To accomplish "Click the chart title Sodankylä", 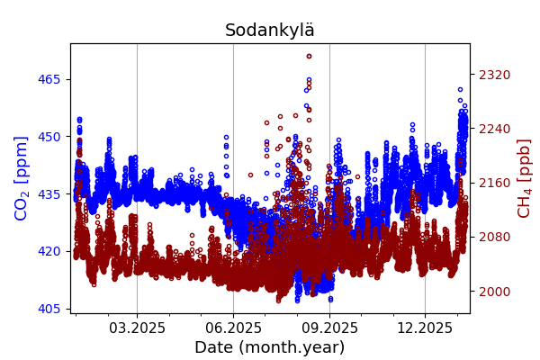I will pos(270,31).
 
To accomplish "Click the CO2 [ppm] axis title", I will pos(22,178).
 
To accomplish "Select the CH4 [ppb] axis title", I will pos(524,178).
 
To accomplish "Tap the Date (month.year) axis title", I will pos(270,347).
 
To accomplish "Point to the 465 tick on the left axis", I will pos(49,79).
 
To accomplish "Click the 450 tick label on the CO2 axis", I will pos(49,137).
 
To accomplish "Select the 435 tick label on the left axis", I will pos(49,194).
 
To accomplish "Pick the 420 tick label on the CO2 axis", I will pos(49,251).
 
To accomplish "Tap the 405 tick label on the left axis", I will pos(49,309).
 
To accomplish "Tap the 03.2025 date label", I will pos(137,328).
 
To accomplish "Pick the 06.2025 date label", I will pos(233,328).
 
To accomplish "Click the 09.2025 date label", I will pos(329,328).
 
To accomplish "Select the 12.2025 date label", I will pos(425,328).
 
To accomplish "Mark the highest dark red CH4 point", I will pos(309,56).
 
